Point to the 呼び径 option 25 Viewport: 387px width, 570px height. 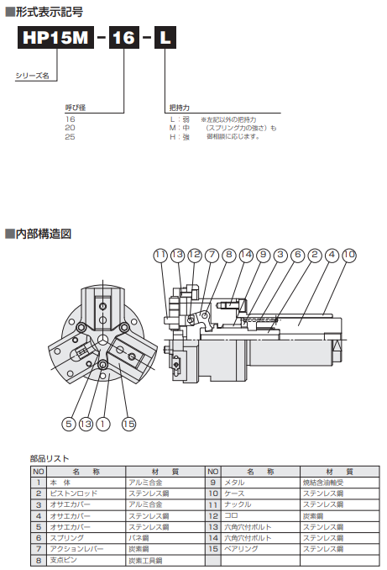pos(71,135)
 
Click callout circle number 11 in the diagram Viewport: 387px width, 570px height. pos(161,254)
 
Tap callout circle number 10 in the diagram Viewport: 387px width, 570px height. pos(349,254)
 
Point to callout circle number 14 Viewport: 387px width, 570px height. pos(246,254)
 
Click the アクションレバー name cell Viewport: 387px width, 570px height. pos(76,548)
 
